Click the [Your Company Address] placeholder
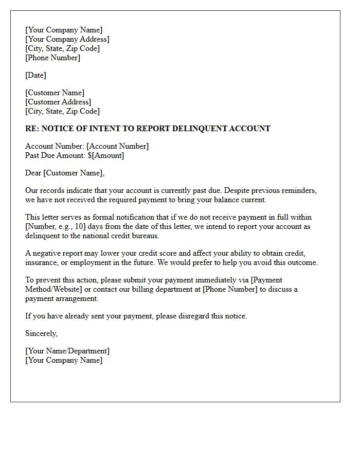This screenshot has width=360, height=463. click(x=67, y=39)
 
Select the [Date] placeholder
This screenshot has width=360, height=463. click(x=35, y=75)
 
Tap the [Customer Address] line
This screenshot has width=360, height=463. click(x=58, y=102)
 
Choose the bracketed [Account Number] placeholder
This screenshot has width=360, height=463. click(x=117, y=146)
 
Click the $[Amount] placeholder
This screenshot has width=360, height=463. click(x=106, y=155)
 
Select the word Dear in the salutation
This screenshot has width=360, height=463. click(x=33, y=173)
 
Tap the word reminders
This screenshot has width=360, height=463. click(x=300, y=190)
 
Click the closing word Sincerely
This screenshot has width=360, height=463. click(x=41, y=333)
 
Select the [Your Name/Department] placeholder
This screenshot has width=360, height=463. click(x=67, y=351)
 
